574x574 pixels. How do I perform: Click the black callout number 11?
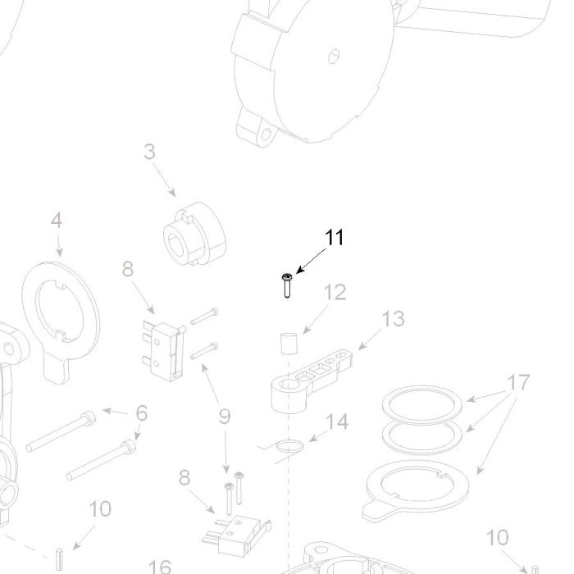pyautogui.click(x=335, y=238)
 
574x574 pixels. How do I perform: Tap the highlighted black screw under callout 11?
pyautogui.click(x=287, y=285)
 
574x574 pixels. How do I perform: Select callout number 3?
pyautogui.click(x=149, y=152)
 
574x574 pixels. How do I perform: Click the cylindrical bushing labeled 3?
pyautogui.click(x=194, y=234)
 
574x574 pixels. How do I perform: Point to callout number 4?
pyautogui.click(x=57, y=221)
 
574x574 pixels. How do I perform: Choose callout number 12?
pyautogui.click(x=335, y=293)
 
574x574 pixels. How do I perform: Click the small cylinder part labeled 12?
pyautogui.click(x=289, y=344)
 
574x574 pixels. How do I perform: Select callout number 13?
pyautogui.click(x=393, y=319)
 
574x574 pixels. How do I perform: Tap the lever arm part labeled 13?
pyautogui.click(x=311, y=380)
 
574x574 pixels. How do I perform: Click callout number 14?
pyautogui.click(x=337, y=421)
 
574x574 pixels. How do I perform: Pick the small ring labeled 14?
pyautogui.click(x=289, y=446)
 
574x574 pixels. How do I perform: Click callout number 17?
pyautogui.click(x=519, y=383)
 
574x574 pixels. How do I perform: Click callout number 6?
pyautogui.click(x=142, y=413)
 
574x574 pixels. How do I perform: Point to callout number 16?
pyautogui.click(x=160, y=567)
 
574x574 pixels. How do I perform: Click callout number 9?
pyautogui.click(x=225, y=417)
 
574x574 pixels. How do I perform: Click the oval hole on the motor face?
pyautogui.click(x=334, y=56)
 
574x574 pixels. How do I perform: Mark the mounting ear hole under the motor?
pyautogui.click(x=266, y=136)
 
